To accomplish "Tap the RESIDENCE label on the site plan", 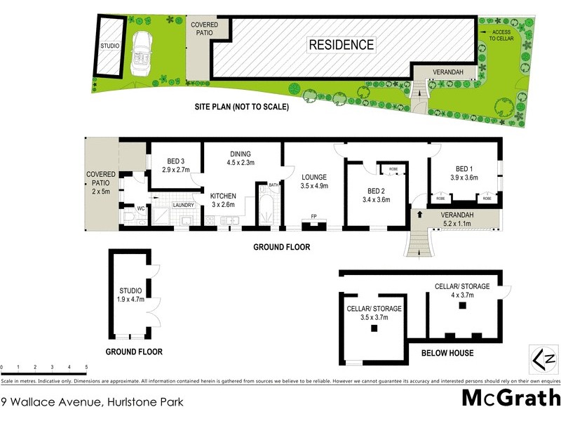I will tap(342, 45).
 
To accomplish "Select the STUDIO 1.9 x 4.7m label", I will tap(130, 295).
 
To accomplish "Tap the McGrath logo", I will tap(510, 399).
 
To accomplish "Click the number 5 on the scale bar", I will tap(86, 367).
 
